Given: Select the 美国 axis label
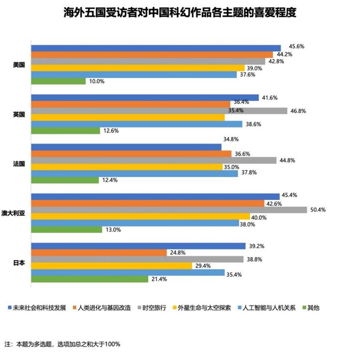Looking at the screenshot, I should click(19, 64).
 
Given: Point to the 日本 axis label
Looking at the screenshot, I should click(19, 262).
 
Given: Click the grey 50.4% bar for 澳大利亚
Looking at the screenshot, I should click(169, 210).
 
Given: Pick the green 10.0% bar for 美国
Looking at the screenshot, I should click(58, 81).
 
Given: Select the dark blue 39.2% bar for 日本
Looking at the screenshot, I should click(138, 246).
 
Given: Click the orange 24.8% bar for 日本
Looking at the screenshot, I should click(99, 252).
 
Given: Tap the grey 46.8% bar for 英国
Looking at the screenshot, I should click(159, 111).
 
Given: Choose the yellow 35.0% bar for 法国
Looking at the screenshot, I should click(127, 167).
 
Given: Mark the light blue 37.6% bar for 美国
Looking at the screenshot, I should click(134, 74).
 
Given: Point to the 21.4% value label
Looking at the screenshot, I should click(159, 280).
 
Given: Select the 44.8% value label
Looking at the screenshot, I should click(290, 160).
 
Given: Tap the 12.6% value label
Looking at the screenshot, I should click(110, 131).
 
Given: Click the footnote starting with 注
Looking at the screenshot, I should click(62, 344).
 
